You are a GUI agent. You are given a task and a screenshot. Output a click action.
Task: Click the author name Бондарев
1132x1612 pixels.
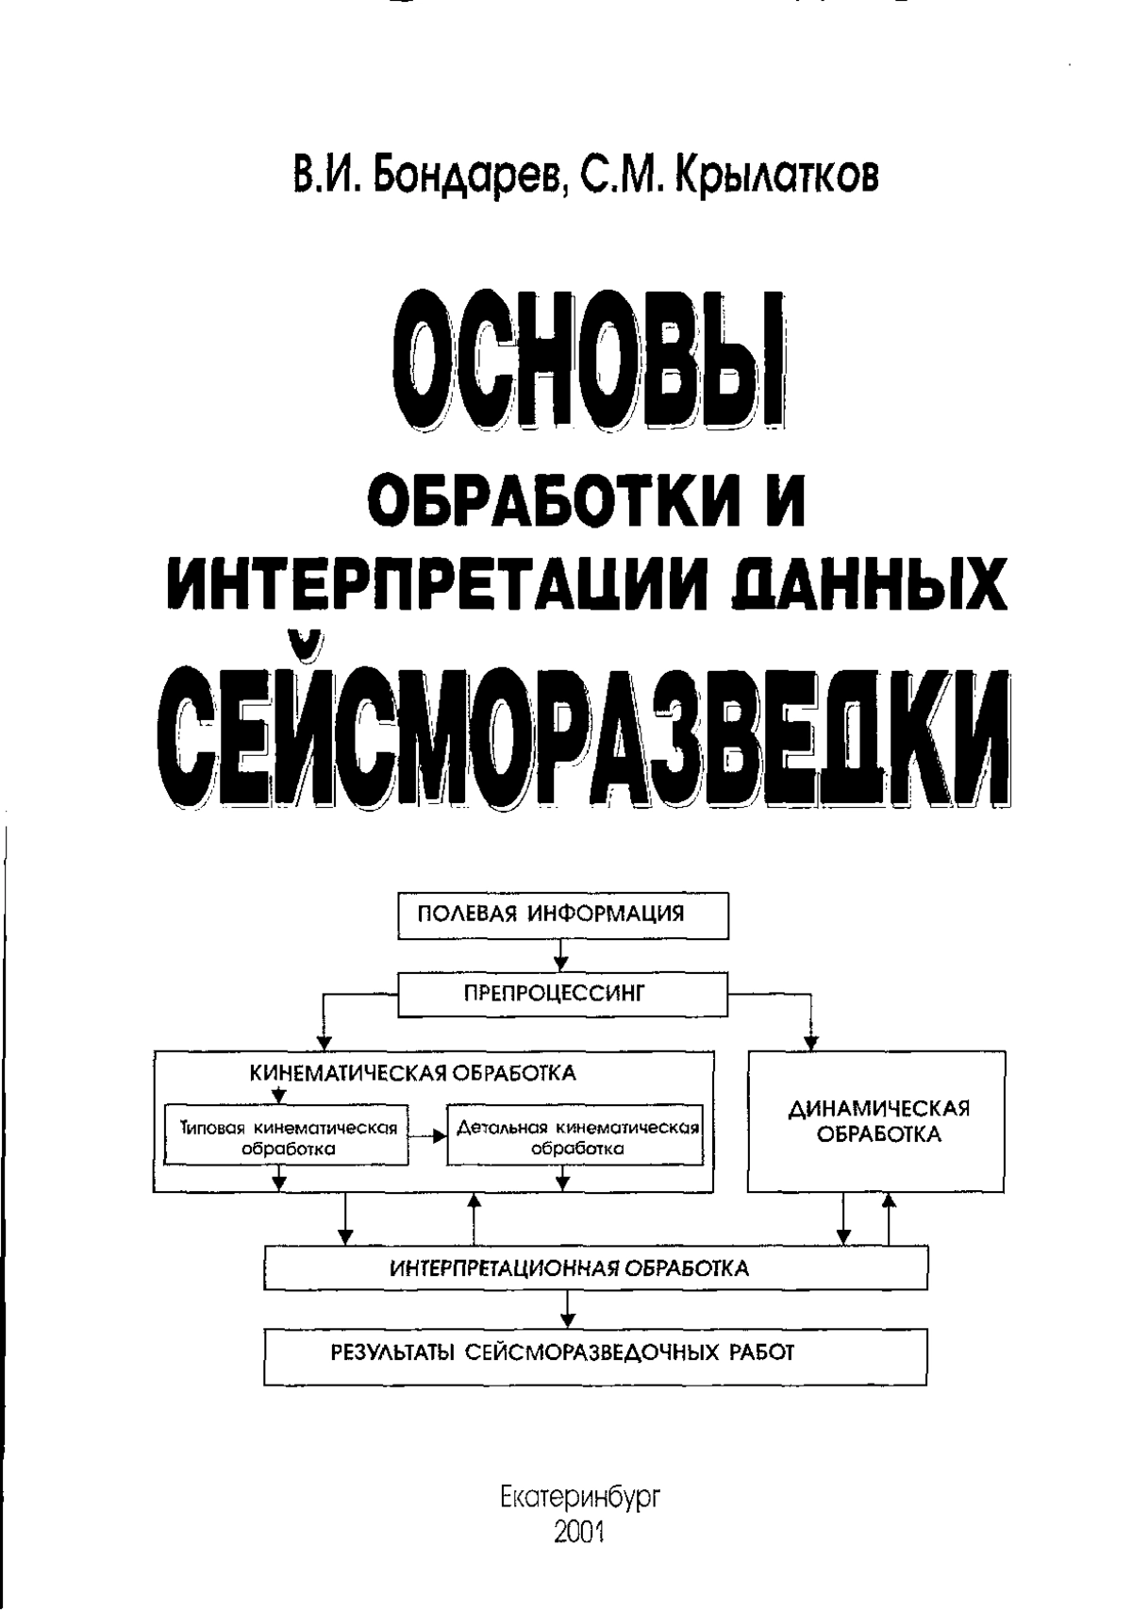coord(467,176)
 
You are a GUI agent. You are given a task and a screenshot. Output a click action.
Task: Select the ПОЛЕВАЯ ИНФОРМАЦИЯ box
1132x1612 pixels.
coord(562,916)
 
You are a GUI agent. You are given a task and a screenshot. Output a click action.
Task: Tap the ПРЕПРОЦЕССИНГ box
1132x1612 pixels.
coord(562,996)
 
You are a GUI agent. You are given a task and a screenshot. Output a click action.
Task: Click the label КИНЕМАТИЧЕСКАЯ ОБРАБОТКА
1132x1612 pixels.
coord(413,1073)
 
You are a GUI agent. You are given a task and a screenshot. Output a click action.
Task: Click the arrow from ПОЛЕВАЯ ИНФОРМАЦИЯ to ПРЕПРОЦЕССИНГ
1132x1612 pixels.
coord(562,957)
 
